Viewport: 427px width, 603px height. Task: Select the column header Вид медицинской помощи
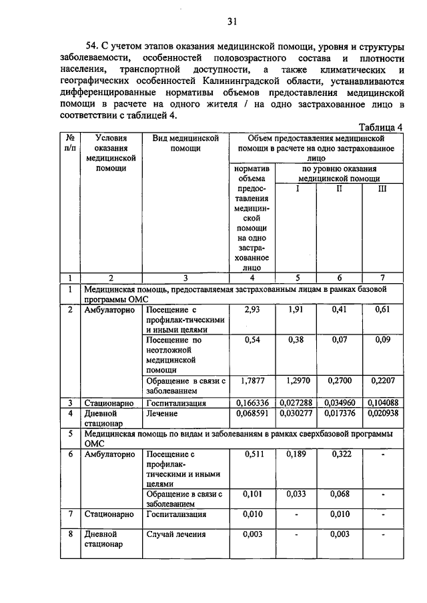point(185,143)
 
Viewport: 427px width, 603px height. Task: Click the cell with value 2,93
point(252,309)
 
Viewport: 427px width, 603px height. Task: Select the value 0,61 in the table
point(382,309)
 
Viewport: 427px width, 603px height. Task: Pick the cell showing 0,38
point(296,340)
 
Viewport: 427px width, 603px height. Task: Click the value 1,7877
point(252,380)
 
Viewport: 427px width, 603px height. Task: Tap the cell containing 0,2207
point(382,380)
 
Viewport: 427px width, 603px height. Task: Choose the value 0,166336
point(253,403)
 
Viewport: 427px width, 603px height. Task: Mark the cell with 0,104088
point(382,403)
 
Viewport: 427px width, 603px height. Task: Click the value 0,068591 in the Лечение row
point(253,414)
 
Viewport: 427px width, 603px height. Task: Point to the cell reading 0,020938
point(382,414)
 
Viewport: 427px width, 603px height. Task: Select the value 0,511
point(252,454)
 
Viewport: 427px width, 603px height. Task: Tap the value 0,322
point(339,454)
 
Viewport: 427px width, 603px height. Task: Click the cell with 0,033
point(296,494)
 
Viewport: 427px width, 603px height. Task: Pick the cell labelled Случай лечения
point(176,534)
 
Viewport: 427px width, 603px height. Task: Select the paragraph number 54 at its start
point(91,46)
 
